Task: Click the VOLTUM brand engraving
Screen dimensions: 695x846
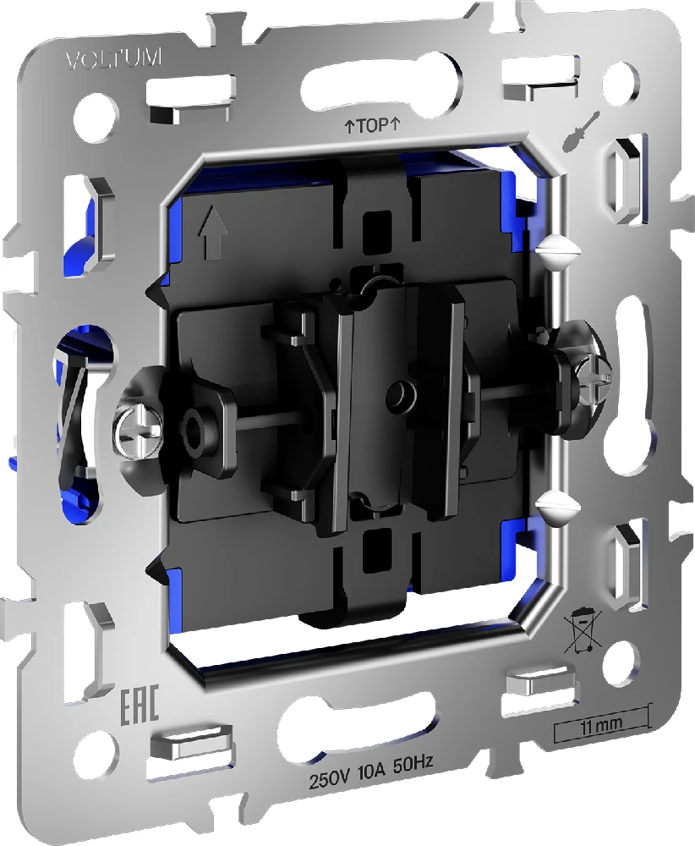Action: pos(113,58)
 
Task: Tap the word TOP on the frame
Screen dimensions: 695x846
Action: pos(373,126)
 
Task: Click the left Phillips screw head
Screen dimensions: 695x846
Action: pos(138,429)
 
